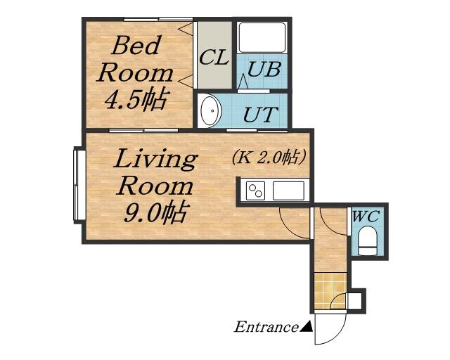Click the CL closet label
pos(214,58)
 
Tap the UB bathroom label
pos(264,70)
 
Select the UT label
pos(261,115)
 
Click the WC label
pos(366,216)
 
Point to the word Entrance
pos(266,327)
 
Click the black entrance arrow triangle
pos(307,326)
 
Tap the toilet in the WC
pos(367,240)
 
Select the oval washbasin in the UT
pos(210,110)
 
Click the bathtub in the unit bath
pos(262,38)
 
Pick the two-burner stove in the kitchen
pos(255,191)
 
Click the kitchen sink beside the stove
pos(288,191)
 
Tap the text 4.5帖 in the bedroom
pos(136,100)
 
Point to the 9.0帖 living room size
pos(156,213)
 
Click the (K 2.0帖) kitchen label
pos(269,157)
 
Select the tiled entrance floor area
pos(330,290)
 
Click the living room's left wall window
pos(79,185)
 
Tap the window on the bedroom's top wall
pos(158,19)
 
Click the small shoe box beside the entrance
pos(355,300)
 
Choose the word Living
pos(156,160)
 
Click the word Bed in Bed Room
pos(136,46)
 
